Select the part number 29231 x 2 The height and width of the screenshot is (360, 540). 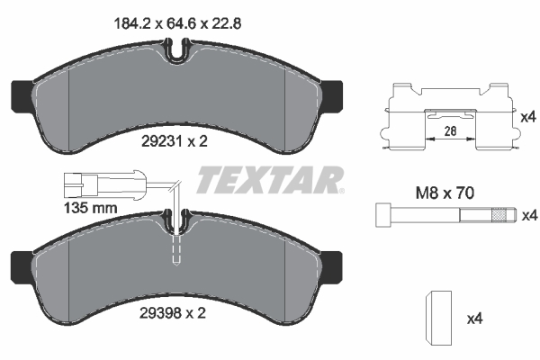pos(175,140)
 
